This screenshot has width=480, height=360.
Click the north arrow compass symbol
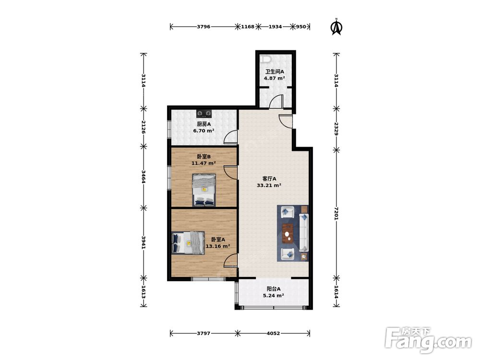coord(336,27)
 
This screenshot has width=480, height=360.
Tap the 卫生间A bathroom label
coord(275,72)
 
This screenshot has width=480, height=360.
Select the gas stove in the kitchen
coord(204,114)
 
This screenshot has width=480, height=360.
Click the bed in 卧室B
coord(204,190)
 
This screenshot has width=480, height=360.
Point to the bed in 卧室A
coord(188,242)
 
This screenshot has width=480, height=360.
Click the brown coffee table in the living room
coord(288,234)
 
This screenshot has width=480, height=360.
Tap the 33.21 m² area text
coord(269,185)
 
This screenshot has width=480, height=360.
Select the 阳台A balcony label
coord(274,288)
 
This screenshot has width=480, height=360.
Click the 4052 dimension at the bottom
coord(273,333)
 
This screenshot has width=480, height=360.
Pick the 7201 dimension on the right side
coord(336,214)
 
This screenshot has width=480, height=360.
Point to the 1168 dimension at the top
coord(248,26)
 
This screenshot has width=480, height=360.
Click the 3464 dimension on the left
coord(143,177)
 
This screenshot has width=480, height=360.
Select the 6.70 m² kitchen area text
coord(204,131)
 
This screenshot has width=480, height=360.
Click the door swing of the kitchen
coord(230,137)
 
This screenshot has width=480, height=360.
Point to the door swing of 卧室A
coord(230,261)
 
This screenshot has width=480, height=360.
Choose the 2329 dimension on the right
coord(336,129)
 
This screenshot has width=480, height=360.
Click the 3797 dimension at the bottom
coord(204,333)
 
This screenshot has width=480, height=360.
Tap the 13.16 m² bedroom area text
coord(217,246)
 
